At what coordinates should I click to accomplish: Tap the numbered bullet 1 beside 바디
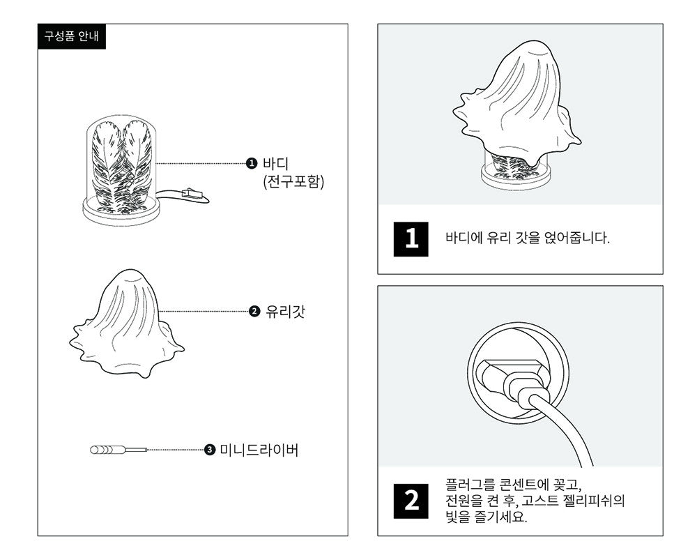click(252, 164)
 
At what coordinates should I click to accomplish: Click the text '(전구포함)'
click(289, 183)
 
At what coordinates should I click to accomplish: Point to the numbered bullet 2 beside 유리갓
click(254, 311)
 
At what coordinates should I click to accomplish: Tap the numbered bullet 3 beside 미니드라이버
click(210, 450)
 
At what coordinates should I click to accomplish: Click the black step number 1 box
click(411, 239)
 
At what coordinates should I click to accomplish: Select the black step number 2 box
click(411, 501)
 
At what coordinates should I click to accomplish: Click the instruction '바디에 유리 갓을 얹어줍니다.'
click(527, 238)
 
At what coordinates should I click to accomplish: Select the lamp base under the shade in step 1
click(516, 174)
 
